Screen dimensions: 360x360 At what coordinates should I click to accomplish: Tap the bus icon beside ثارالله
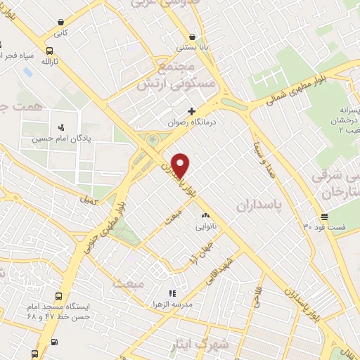[49, 51]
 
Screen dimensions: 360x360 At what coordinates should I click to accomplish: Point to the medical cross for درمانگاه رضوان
[191, 111]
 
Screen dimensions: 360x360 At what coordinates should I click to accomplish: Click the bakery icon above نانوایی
[205, 215]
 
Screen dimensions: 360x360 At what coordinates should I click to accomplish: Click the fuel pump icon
[53, 344]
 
